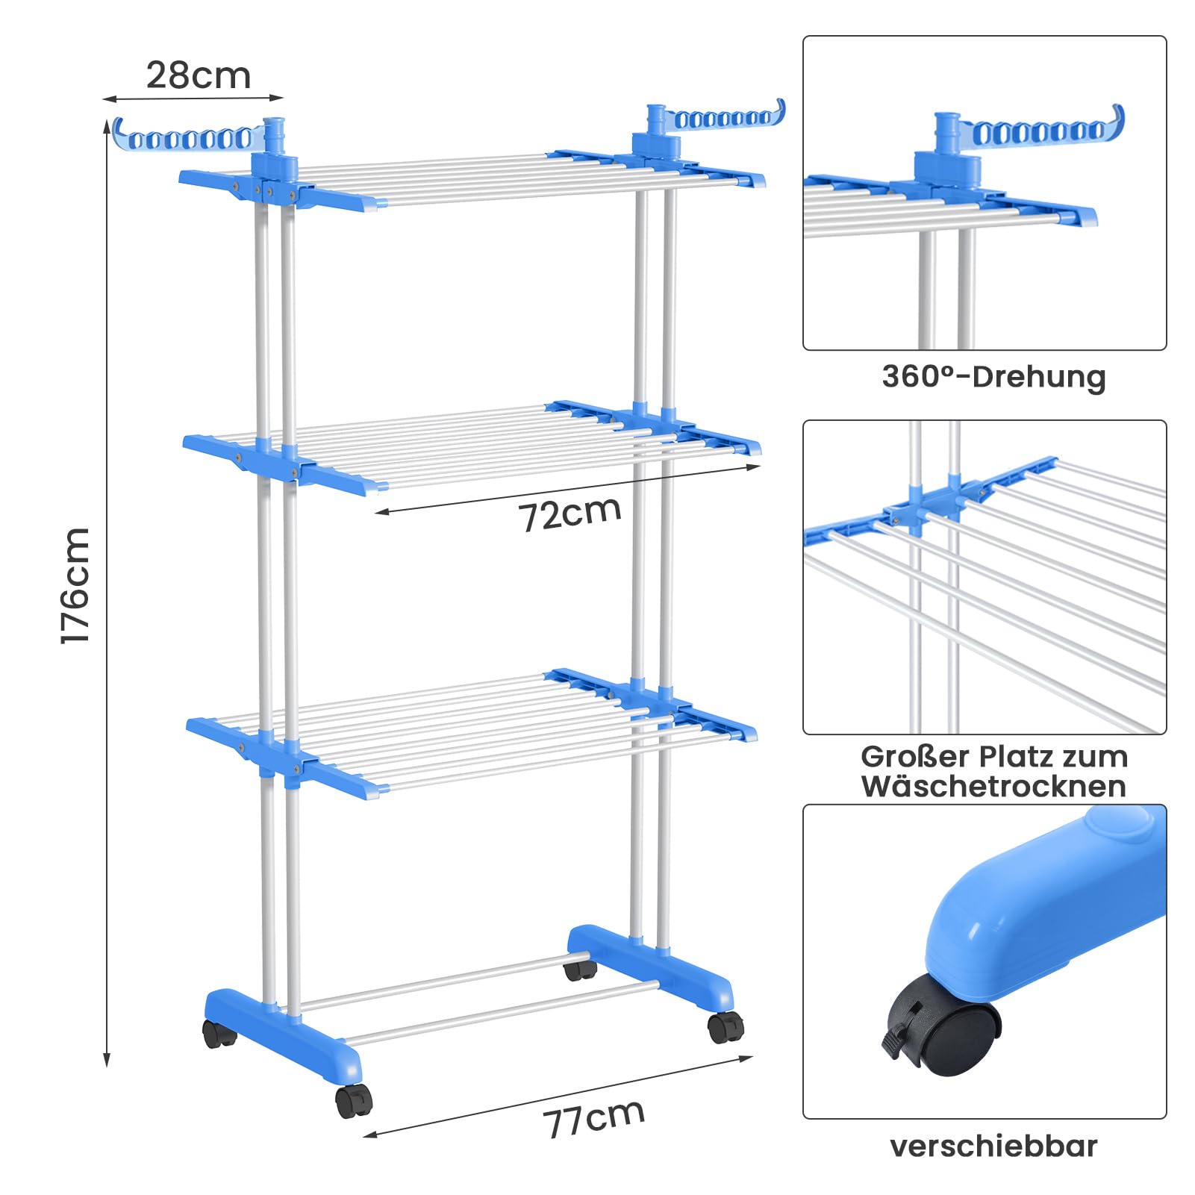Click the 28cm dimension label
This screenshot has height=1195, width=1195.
click(199, 75)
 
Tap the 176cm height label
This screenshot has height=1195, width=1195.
click(75, 584)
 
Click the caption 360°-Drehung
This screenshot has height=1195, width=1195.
click(993, 376)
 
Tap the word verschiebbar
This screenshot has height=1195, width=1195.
click(993, 1146)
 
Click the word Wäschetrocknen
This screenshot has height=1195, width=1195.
click(993, 786)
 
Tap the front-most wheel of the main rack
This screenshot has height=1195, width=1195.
click(353, 1101)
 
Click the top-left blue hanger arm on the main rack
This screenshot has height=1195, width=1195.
click(190, 135)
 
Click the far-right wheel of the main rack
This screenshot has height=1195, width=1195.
click(726, 1027)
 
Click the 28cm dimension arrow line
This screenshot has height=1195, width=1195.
click(193, 98)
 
